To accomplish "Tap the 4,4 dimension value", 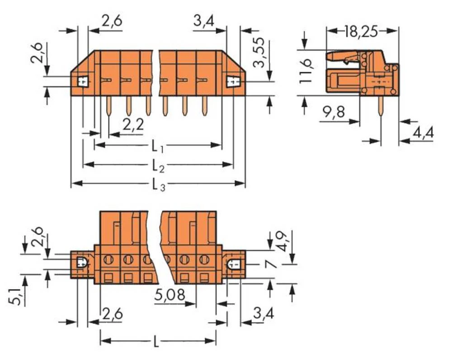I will [x=423, y=133].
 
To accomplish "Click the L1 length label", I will [x=157, y=146].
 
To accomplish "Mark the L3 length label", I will [x=158, y=185].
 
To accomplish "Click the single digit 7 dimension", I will [x=271, y=264].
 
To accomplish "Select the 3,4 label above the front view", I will [x=204, y=21].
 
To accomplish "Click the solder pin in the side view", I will [x=381, y=107].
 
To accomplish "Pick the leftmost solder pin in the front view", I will [x=109, y=105].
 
